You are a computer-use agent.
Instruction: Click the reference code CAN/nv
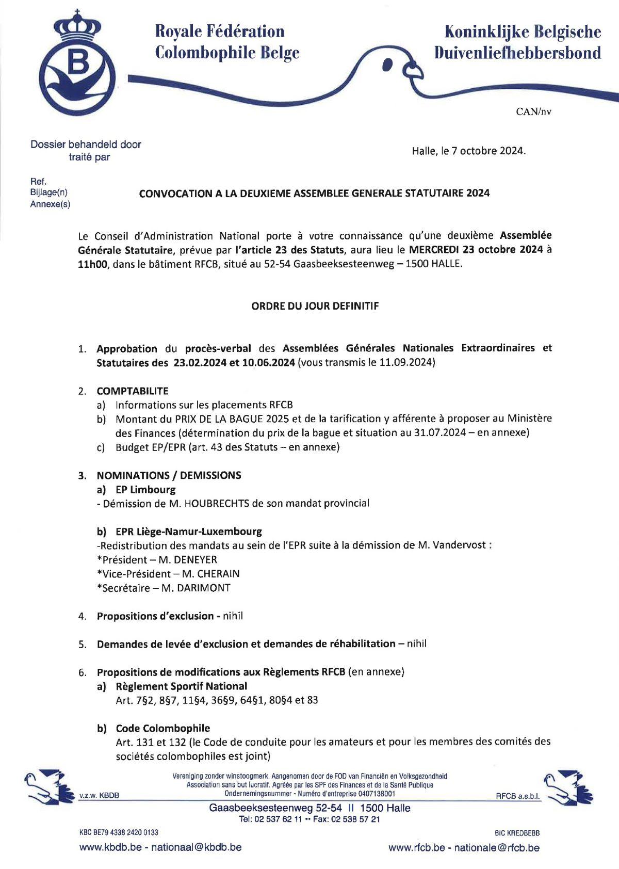pyautogui.click(x=533, y=111)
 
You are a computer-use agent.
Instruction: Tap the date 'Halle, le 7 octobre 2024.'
pyautogui.click(x=468, y=151)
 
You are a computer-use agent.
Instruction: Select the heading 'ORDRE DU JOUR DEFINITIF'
pyautogui.click(x=315, y=306)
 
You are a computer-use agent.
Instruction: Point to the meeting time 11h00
pyautogui.click(x=91, y=264)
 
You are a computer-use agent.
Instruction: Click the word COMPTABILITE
pyautogui.click(x=133, y=391)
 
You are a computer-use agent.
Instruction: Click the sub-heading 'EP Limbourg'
pyautogui.click(x=145, y=489)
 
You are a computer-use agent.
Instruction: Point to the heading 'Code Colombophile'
pyautogui.click(x=163, y=728)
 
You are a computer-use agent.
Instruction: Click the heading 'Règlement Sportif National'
pyautogui.click(x=182, y=686)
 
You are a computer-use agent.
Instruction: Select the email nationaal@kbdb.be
pyautogui.click(x=196, y=847)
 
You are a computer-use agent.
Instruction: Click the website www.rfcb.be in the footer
pyautogui.click(x=417, y=847)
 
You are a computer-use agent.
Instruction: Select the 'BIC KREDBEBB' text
pyautogui.click(x=517, y=832)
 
